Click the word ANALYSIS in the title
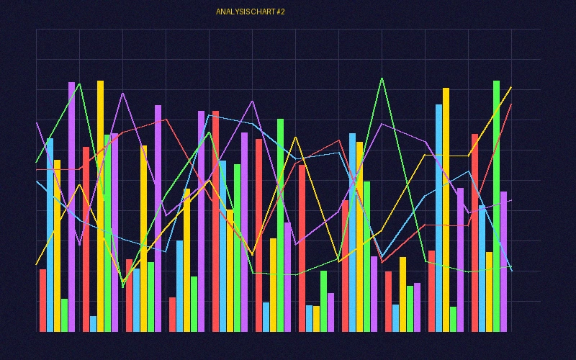click(231, 12)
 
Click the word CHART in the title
click(261, 12)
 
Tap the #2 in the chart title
click(281, 12)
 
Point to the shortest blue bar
click(94, 324)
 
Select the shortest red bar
click(173, 315)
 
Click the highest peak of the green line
click(382, 78)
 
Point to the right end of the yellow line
click(511, 87)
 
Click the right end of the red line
click(511, 104)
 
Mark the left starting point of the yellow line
click(37, 264)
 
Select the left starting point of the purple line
click(37, 122)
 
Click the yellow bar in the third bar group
click(144, 238)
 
